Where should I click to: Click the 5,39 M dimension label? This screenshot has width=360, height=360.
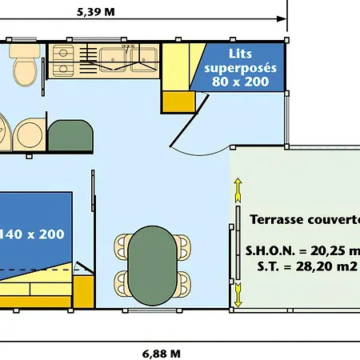[96, 12]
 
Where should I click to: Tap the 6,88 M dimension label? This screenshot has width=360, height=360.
[162, 354]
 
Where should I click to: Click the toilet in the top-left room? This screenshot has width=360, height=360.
[25, 66]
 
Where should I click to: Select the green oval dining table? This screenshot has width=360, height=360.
[152, 266]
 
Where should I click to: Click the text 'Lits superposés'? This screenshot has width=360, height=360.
[240, 61]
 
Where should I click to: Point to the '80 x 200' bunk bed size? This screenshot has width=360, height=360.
[240, 82]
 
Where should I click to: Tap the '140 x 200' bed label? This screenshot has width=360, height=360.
[32, 234]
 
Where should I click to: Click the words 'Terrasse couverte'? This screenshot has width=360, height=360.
[305, 219]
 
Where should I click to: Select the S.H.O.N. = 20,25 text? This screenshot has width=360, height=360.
[302, 250]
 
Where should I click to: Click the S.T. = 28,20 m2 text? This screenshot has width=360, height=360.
[307, 266]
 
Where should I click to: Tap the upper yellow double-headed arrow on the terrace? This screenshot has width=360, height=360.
[238, 190]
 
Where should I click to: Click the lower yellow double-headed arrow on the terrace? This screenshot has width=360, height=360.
[238, 295]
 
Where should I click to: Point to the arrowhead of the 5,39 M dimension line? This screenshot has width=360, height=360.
[282, 19]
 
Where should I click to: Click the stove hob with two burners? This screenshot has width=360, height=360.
[63, 61]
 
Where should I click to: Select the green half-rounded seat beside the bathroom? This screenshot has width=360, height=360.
[70, 135]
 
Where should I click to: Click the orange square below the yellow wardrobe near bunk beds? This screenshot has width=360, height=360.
[179, 102]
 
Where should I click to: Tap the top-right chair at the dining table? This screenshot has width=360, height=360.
[184, 247]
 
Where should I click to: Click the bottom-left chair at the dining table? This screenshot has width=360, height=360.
[122, 284]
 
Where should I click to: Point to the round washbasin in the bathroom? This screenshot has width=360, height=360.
[30, 134]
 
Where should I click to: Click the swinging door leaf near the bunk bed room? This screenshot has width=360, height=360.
[189, 121]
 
